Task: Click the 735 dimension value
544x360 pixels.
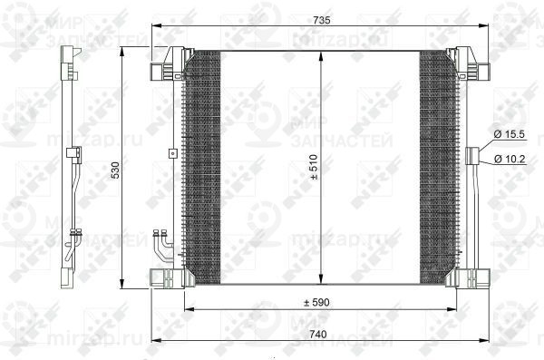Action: tap(322, 17)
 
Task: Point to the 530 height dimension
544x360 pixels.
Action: tap(115, 170)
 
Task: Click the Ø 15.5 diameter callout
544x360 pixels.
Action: tap(510, 134)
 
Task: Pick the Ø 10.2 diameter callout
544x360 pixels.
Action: tap(510, 161)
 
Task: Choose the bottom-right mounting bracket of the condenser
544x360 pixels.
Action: tap(472, 276)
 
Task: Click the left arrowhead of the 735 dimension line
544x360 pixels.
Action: tap(155, 26)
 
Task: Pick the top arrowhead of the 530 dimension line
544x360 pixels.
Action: tap(123, 50)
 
